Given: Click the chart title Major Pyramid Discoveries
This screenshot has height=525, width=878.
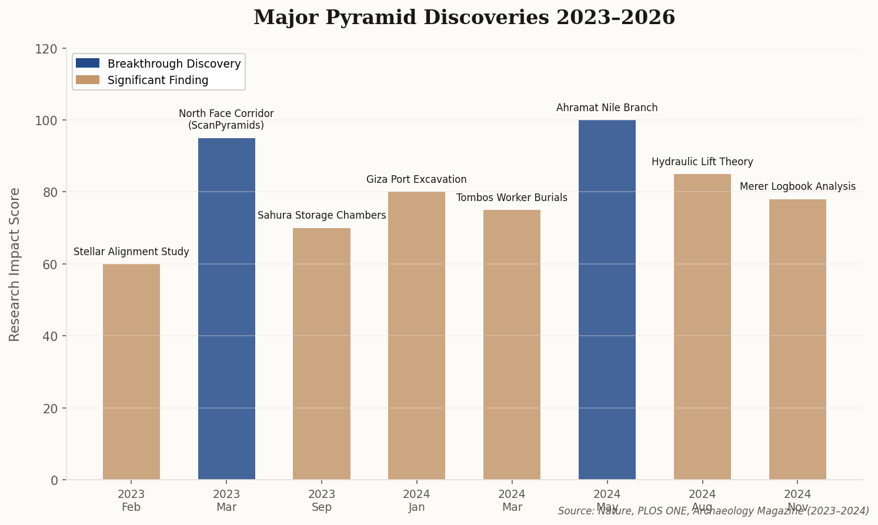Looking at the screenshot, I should (464, 18).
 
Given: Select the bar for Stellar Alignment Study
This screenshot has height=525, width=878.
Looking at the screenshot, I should (131, 372).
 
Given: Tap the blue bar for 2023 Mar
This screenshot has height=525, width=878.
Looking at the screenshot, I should (226, 309).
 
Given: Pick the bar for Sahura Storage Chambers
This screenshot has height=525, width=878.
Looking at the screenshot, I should (322, 354).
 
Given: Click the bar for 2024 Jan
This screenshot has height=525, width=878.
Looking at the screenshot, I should (416, 336).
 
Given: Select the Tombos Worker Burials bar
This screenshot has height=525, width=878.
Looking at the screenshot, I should (512, 345).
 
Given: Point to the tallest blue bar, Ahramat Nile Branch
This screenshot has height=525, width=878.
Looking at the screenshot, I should (607, 300).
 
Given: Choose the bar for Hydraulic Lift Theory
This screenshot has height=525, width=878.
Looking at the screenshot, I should (702, 327).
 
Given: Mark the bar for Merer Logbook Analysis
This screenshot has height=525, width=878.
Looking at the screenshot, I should (797, 339).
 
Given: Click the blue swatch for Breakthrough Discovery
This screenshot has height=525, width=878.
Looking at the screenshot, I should (88, 63).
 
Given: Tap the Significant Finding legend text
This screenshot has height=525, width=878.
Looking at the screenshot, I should (158, 81).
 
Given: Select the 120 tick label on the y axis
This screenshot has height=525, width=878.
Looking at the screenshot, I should (51, 49).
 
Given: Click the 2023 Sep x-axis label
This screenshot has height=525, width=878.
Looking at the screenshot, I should (322, 500).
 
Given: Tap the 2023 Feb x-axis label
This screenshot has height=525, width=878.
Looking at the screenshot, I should (131, 500).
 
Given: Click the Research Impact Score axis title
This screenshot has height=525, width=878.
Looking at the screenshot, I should (15, 264).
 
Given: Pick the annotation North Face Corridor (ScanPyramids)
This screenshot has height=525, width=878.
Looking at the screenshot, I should (226, 119).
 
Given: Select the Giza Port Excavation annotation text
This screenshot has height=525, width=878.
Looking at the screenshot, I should (416, 180).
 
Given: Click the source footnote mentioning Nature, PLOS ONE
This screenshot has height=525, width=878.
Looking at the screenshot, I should (713, 511).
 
